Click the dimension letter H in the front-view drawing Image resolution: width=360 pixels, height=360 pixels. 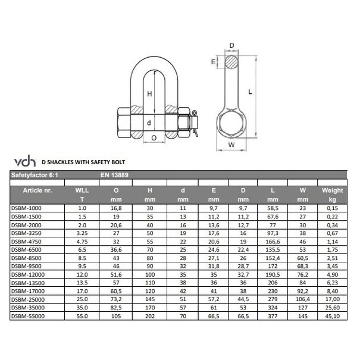150,93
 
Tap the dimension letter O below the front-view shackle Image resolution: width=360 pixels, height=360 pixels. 154,137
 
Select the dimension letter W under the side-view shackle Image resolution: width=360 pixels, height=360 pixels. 232,143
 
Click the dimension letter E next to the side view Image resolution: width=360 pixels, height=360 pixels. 212,61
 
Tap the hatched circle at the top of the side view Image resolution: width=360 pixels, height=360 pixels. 232,61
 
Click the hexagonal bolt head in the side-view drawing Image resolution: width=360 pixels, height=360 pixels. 232,122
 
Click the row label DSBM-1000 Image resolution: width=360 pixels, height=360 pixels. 27,208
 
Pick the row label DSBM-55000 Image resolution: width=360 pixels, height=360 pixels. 29,317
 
